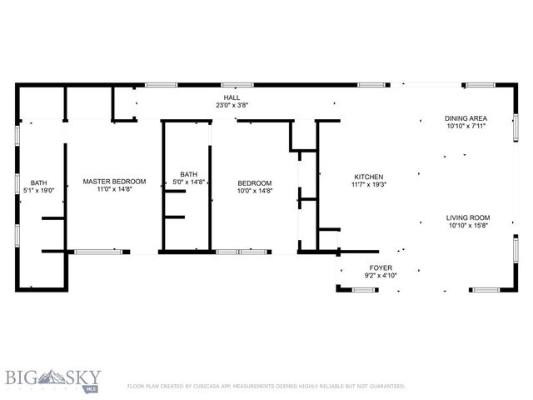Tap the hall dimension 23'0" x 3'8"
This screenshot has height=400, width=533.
point(232,106)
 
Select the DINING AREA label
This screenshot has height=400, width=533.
point(465,118)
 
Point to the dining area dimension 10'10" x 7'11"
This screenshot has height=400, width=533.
point(465,127)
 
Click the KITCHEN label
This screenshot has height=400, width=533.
point(368,177)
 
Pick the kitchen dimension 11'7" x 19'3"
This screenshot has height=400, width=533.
point(368,185)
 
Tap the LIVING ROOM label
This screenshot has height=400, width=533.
point(467,217)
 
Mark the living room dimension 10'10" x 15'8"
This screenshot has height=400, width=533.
point(467,225)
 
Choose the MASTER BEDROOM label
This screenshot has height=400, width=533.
point(114,181)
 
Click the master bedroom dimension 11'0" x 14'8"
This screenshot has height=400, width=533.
point(114,189)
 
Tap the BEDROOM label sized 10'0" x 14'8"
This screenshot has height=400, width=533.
point(254,183)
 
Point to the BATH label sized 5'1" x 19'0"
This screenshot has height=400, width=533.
point(39,182)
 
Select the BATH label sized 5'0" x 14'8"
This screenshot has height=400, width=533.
point(188,174)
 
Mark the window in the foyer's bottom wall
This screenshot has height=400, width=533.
point(365,289)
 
